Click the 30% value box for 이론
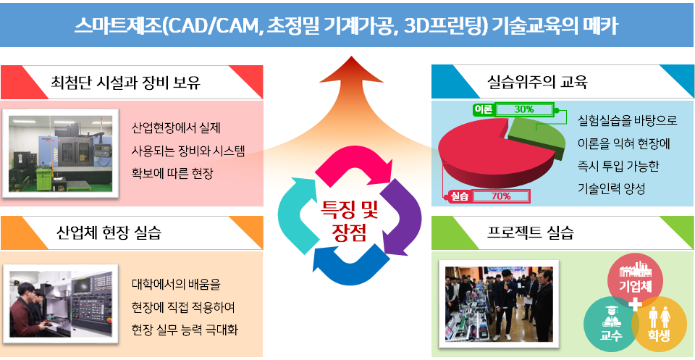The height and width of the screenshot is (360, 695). tap(524, 109)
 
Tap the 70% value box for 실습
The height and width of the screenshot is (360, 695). tap(501, 196)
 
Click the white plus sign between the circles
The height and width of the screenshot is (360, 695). tap(636, 304)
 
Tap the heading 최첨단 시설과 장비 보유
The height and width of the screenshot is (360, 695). tap(126, 83)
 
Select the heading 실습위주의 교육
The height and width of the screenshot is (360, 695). tap(536, 82)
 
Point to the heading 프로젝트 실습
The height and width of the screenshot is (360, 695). tap(530, 233)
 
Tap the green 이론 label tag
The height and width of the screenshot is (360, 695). tap(483, 109)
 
